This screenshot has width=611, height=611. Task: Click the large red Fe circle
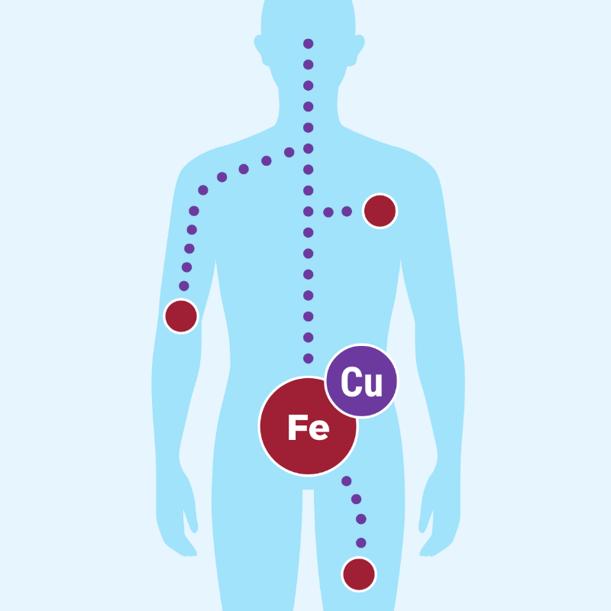point(308,426)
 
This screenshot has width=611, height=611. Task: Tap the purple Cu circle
point(361,380)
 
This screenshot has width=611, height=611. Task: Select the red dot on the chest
point(380,212)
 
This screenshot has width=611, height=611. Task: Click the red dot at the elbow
point(181,316)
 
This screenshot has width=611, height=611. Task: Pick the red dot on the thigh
point(359,574)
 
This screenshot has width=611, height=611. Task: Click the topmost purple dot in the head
point(309,44)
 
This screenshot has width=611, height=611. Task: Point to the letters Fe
point(309,428)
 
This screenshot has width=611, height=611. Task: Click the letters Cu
point(361,381)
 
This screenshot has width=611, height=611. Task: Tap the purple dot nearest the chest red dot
point(347,212)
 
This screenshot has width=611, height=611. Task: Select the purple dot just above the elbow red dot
point(184,286)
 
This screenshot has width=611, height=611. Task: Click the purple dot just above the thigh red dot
point(360,543)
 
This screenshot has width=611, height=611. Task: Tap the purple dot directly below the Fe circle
point(347,481)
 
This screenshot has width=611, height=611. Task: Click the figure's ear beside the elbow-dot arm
point(259,49)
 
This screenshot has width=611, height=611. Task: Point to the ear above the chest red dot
point(358,49)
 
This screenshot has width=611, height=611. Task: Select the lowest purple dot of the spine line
point(309,358)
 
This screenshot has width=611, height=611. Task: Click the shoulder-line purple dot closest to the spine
point(289,152)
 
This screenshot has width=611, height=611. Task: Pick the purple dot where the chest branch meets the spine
point(309,212)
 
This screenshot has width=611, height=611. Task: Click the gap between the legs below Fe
point(309,545)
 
